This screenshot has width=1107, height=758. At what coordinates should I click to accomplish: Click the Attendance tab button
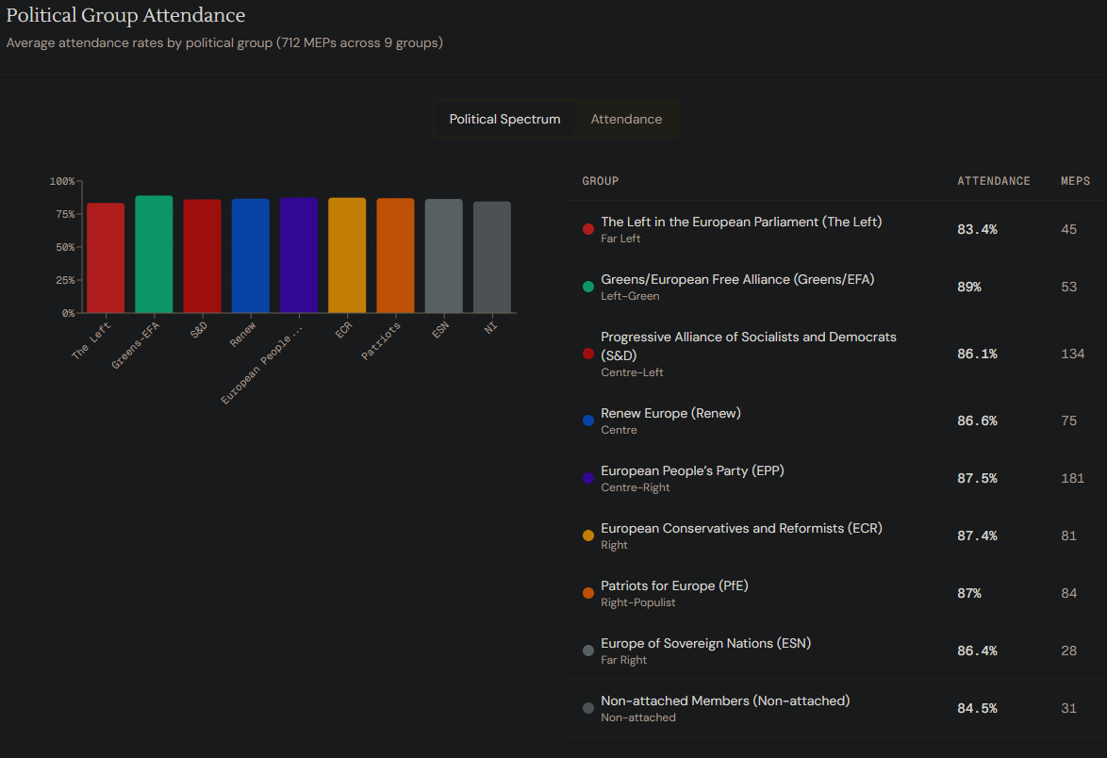tap(626, 120)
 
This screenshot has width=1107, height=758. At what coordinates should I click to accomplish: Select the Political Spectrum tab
tap(504, 120)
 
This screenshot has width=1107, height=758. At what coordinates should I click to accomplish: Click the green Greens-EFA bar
tap(154, 255)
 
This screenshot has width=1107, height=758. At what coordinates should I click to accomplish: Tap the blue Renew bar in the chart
tap(251, 255)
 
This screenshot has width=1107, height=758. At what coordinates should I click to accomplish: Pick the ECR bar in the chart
tap(347, 255)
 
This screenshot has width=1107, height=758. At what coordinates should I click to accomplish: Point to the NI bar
tap(492, 257)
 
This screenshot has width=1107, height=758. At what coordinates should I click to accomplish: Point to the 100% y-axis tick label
tap(62, 181)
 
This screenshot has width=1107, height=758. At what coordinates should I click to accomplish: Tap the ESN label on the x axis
tap(439, 332)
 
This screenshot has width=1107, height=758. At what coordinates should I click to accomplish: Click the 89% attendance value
tap(968, 287)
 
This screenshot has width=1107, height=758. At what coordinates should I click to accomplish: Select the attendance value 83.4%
tap(977, 229)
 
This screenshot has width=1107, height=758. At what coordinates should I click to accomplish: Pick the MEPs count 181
tap(1072, 478)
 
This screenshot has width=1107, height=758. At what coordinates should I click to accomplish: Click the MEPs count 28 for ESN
tap(1068, 651)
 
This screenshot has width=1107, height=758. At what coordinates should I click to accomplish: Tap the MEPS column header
tap(1075, 181)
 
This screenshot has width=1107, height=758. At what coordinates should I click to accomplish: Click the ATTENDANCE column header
tap(994, 181)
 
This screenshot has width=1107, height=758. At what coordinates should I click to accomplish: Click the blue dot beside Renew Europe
tap(588, 420)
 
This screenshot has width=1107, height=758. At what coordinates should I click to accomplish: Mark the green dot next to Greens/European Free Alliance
tap(588, 287)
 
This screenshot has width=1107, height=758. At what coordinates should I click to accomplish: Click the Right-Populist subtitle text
tap(638, 602)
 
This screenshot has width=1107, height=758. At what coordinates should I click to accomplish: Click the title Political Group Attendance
tap(125, 16)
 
